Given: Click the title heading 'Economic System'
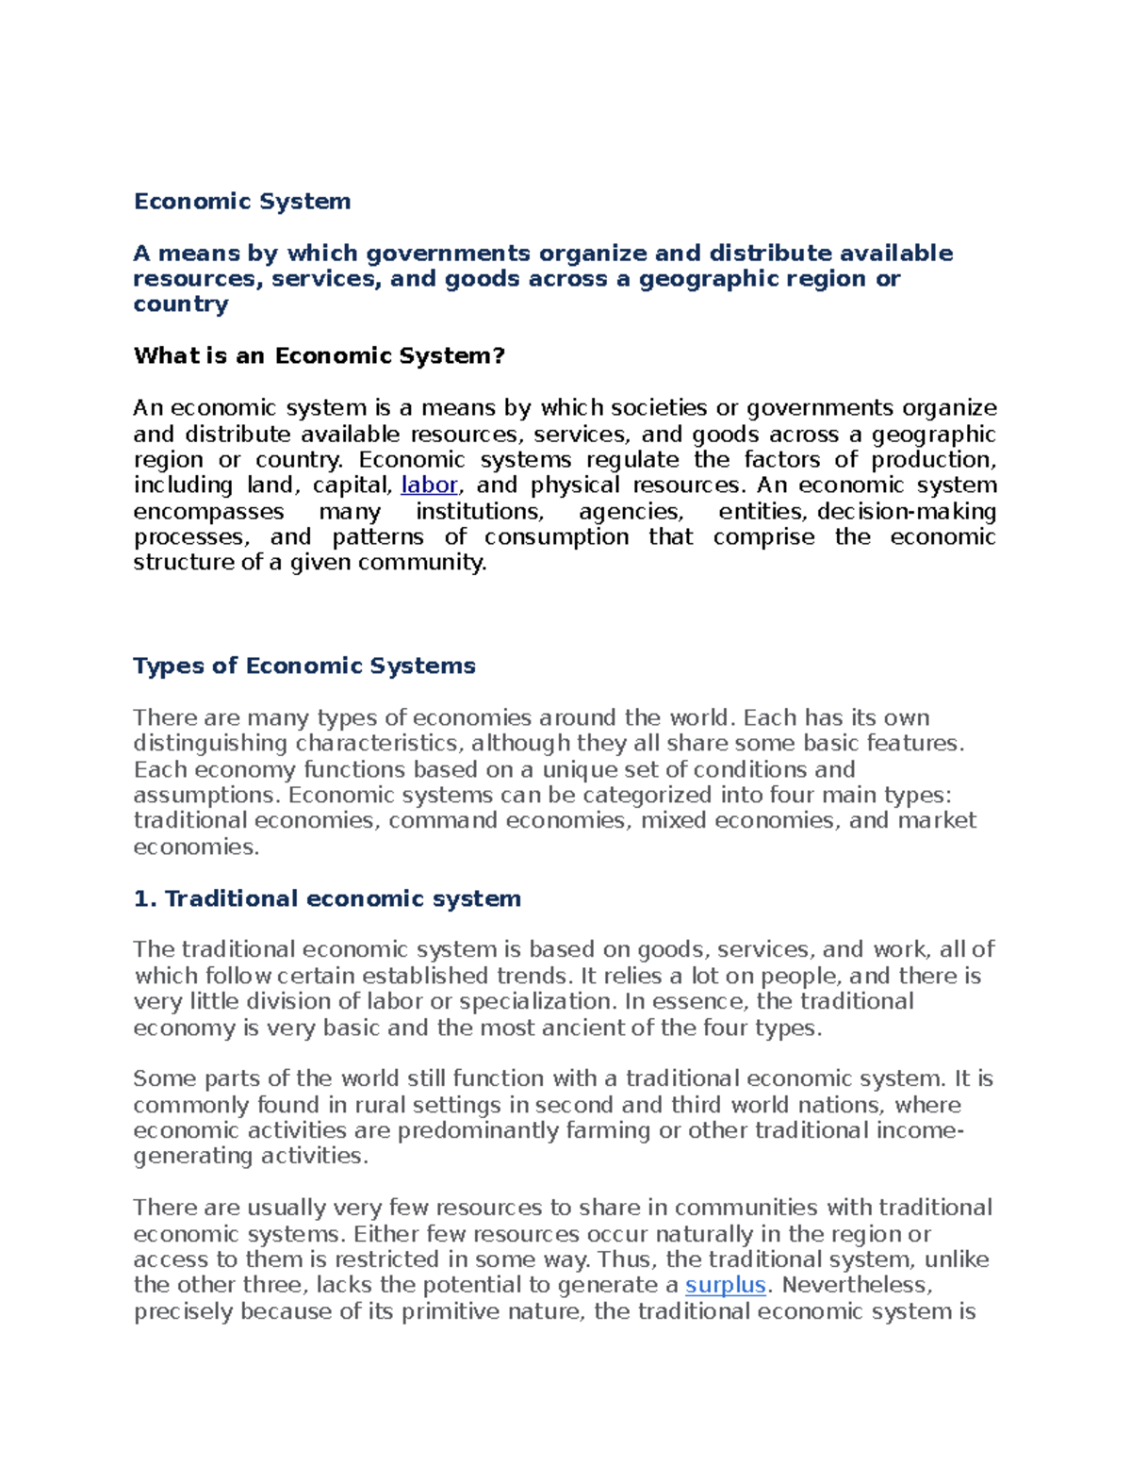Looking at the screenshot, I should (242, 202).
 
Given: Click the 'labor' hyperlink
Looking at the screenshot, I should (429, 485).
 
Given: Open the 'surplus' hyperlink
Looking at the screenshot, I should (725, 1286).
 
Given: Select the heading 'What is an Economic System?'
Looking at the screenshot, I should (320, 356).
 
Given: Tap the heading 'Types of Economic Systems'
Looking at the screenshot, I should (304, 666).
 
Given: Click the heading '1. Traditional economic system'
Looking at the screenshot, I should (327, 899).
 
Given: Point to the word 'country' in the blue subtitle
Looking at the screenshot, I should (181, 304).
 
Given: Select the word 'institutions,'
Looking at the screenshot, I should (480, 512).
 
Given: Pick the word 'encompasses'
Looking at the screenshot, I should (208, 512).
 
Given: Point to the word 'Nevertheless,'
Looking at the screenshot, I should (857, 1286).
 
